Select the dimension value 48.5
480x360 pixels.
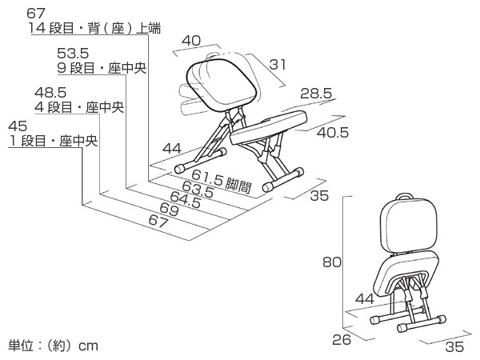(50, 92)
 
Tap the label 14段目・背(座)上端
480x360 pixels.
(94, 29)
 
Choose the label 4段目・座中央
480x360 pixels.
(79, 107)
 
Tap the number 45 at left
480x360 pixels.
(19, 126)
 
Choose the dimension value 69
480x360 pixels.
(170, 210)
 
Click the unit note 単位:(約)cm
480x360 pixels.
(53, 346)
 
